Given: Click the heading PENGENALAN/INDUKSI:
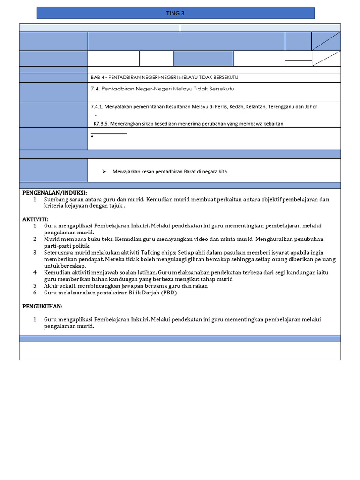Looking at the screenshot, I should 55,193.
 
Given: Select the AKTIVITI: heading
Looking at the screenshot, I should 35,219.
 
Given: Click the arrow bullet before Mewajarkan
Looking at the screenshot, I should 105,172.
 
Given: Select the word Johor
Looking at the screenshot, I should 310,107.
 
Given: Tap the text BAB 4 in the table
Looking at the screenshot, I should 97,77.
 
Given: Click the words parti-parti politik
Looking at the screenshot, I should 67,246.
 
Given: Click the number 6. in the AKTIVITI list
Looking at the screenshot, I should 36,293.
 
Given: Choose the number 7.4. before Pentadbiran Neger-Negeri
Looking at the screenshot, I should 96,89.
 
